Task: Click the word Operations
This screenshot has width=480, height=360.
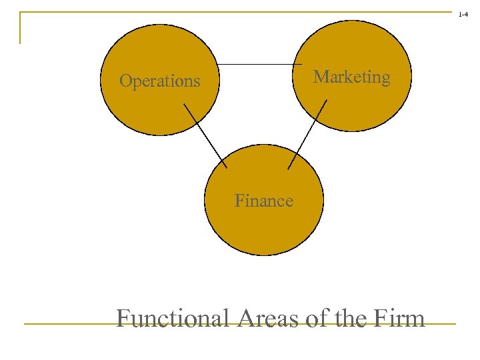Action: click(159, 81)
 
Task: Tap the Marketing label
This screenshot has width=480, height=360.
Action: click(351, 77)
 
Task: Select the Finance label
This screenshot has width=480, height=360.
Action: click(263, 201)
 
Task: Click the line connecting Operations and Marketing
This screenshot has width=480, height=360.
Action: click(256, 64)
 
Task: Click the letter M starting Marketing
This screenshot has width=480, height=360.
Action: click(321, 77)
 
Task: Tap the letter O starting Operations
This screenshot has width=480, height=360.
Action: click(125, 81)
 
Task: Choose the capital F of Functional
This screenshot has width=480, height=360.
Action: click(123, 318)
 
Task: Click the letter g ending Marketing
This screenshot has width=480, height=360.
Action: click(385, 79)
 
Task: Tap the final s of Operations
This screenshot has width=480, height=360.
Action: click(197, 82)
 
